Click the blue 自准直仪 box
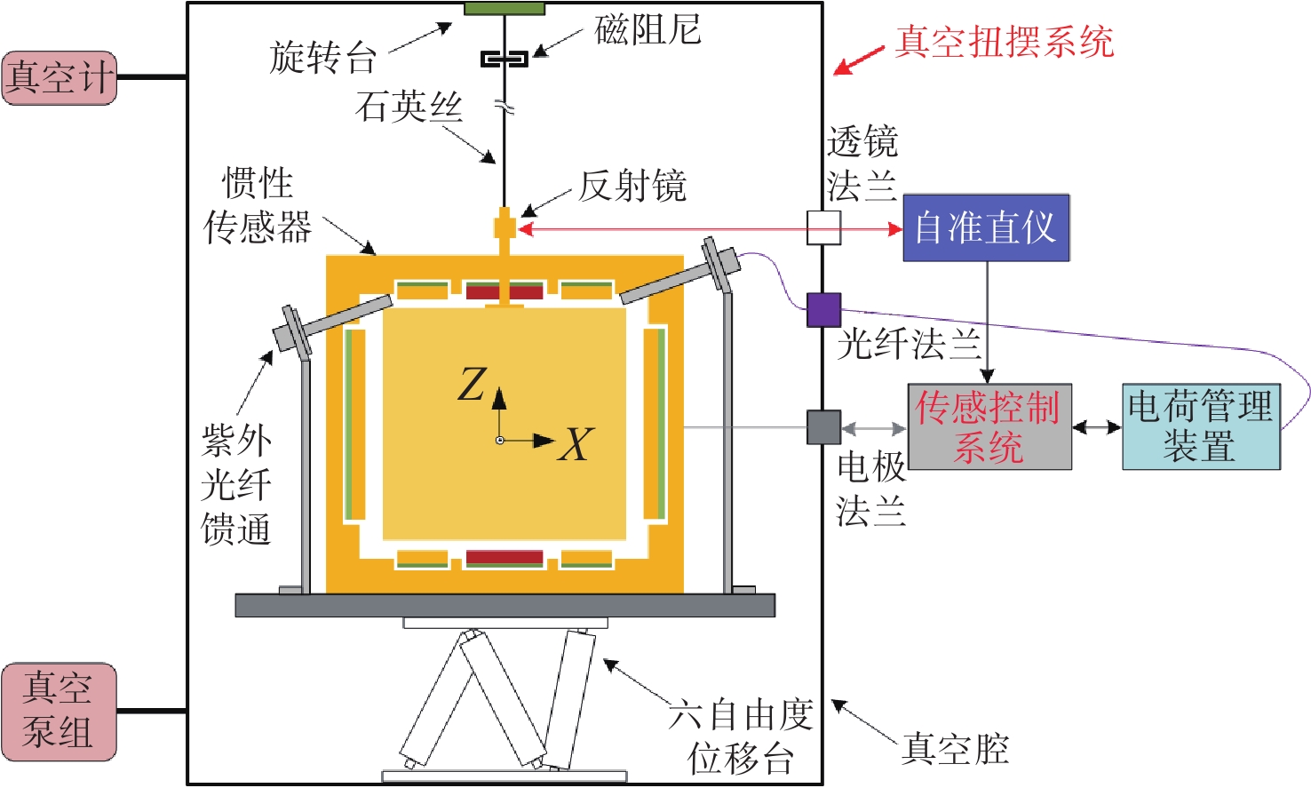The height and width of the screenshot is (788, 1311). pyautogui.click(x=986, y=227)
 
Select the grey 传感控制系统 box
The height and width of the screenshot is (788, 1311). pyautogui.click(x=989, y=426)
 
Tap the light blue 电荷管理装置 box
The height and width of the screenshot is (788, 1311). pyautogui.click(x=1201, y=426)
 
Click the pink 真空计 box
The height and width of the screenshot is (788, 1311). pyautogui.click(x=60, y=78)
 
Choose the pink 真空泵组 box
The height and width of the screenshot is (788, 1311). pyautogui.click(x=60, y=712)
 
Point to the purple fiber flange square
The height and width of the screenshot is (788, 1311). pyautogui.click(x=823, y=310)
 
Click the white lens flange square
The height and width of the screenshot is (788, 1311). pyautogui.click(x=823, y=227)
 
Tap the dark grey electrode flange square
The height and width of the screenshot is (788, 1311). pyautogui.click(x=823, y=426)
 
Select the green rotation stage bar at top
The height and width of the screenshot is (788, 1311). pyautogui.click(x=505, y=8)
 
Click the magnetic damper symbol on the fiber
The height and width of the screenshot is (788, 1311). pyautogui.click(x=505, y=59)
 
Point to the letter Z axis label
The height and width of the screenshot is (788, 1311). pyautogui.click(x=472, y=384)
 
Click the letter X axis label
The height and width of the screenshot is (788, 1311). pyautogui.click(x=576, y=444)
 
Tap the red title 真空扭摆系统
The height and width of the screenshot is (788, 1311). pyautogui.click(x=1005, y=42)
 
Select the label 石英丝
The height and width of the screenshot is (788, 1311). pyautogui.click(x=409, y=107)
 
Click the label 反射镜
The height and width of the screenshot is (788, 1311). pyautogui.click(x=632, y=187)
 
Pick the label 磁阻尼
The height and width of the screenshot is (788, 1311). pyautogui.click(x=648, y=29)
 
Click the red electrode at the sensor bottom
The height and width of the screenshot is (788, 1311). pyautogui.click(x=505, y=557)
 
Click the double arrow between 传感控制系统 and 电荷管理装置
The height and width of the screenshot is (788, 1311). pyautogui.click(x=1097, y=427)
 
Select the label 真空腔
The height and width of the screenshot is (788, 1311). pyautogui.click(x=955, y=749)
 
